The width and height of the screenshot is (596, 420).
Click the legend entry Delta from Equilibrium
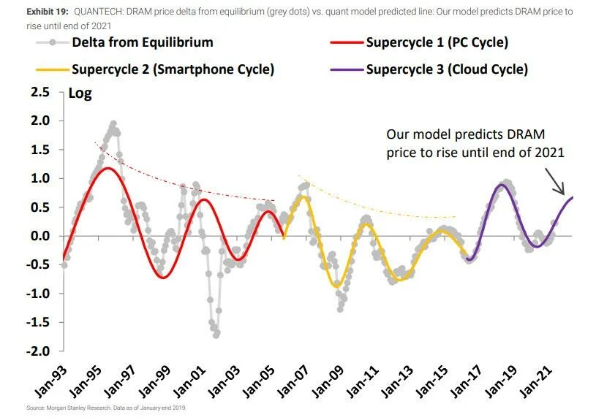point(143,42)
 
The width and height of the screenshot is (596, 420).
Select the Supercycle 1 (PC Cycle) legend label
point(437,42)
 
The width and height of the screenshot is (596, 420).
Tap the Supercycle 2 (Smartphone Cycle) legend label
point(173,69)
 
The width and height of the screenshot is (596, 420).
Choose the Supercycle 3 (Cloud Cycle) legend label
point(447,69)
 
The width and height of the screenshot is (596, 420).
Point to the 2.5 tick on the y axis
point(40,92)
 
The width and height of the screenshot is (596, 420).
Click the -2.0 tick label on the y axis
point(38,351)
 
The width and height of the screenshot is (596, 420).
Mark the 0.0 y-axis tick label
point(40,236)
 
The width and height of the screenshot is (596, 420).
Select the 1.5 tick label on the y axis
point(40,150)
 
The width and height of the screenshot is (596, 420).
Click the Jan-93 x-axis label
point(51,381)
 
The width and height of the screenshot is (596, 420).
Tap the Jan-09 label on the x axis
point(328,381)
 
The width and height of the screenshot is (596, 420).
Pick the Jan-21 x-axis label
point(535,381)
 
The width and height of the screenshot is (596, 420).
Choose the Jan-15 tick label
point(431,381)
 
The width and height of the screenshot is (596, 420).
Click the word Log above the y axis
point(80,93)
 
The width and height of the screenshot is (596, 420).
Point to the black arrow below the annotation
point(555,182)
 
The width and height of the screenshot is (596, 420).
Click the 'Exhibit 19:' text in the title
point(48,12)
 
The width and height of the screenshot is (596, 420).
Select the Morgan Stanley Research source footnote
point(107,408)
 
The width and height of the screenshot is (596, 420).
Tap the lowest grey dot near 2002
point(216,335)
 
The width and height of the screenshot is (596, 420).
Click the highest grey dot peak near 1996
point(113,124)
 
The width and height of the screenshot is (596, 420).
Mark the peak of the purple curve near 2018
point(502,185)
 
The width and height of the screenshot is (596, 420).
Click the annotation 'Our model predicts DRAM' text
point(466,134)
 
